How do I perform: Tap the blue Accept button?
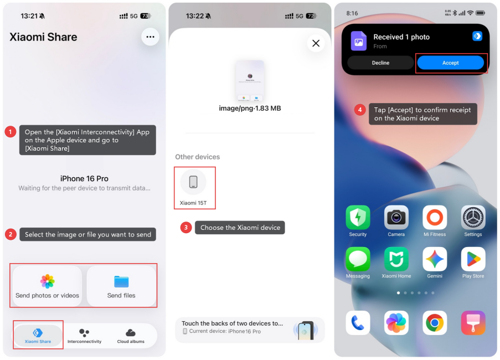point(450,63)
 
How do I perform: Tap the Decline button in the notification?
point(380,63)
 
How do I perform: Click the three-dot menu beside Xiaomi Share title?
point(150,37)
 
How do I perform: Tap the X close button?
point(316,43)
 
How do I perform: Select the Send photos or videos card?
point(47,286)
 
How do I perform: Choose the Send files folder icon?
point(121,281)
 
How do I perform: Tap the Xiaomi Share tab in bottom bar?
point(38,336)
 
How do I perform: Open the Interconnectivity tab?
point(84,336)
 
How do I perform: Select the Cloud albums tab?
point(131,336)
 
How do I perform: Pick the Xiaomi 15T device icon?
point(193,182)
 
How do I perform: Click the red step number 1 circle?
point(11,132)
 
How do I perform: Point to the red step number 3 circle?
point(186,227)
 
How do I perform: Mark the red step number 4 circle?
point(360,110)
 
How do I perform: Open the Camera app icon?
point(396,218)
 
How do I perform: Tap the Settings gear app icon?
point(473,218)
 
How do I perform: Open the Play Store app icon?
point(473,259)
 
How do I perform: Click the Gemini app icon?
point(435,259)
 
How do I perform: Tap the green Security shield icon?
point(358,218)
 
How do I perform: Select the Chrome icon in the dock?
point(435,323)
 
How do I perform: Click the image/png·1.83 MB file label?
point(250,109)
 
